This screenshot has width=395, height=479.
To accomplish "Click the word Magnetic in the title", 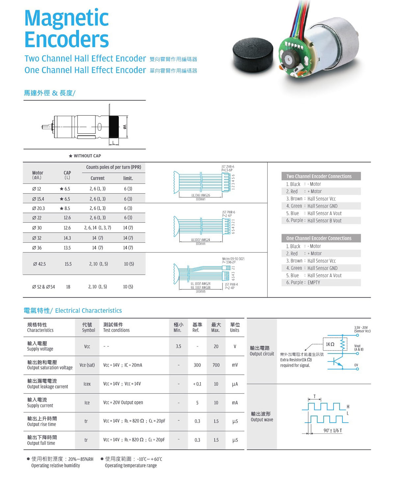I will click(66, 18).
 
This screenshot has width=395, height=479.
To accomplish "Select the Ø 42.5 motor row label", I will click(39, 264).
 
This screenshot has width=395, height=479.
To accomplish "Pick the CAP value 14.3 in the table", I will click(67, 238).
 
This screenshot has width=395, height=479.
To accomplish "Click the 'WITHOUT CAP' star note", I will click(85, 156).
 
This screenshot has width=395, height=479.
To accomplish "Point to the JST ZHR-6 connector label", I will click(228, 167).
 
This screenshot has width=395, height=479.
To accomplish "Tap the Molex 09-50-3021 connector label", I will click(233, 259).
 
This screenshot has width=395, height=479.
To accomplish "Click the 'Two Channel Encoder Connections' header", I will click(319, 176).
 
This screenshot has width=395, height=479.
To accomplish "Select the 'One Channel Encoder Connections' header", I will click(319, 238).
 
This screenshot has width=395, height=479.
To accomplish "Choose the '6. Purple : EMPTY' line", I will click(303, 282).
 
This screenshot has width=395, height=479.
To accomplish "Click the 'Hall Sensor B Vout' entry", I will click(324, 221).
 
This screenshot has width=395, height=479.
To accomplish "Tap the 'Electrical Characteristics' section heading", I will click(88, 310).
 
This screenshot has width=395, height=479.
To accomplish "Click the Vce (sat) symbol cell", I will click(87, 365).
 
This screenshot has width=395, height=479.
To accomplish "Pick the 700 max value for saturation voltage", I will click(216, 365).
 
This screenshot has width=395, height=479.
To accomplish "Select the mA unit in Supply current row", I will click(235, 403).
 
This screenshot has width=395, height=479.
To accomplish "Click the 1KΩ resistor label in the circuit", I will click(330, 344).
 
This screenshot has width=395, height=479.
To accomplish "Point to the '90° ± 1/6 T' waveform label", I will click(332, 430).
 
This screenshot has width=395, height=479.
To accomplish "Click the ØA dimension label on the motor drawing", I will click(125, 127).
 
